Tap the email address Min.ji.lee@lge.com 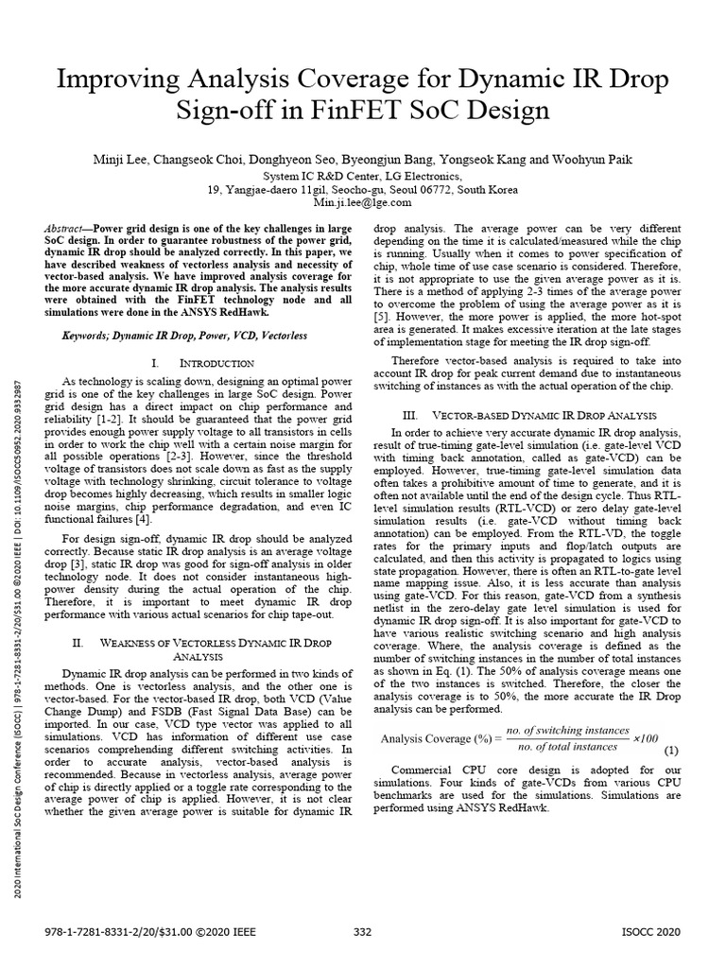(363, 202)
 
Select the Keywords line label (91, 335)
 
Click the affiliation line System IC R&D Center (362, 177)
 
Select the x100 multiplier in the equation (648, 737)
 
